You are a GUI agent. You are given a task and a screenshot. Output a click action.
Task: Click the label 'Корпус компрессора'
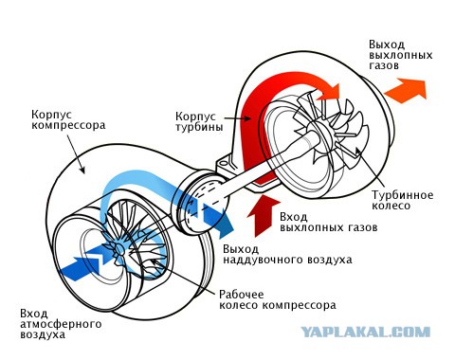68,119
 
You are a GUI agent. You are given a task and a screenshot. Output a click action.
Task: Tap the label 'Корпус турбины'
199,121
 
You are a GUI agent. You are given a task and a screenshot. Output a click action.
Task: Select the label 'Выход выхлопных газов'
400,55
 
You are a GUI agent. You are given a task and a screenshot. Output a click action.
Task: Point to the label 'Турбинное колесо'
402,200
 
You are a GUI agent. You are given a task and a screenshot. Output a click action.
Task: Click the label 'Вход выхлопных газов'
329,223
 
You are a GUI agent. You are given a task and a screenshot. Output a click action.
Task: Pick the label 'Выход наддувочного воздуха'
287,254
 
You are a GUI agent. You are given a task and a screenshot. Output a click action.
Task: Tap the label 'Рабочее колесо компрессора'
278,299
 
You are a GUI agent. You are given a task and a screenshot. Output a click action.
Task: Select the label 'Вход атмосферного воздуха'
61,324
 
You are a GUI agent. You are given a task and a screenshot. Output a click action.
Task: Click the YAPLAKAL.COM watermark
365,333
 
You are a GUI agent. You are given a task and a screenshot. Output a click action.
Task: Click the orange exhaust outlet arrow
406,91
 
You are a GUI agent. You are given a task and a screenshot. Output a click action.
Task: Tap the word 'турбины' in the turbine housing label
199,127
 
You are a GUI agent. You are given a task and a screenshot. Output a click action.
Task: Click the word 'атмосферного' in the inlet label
61,324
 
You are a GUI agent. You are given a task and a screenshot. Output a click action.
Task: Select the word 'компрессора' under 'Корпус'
68,125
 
